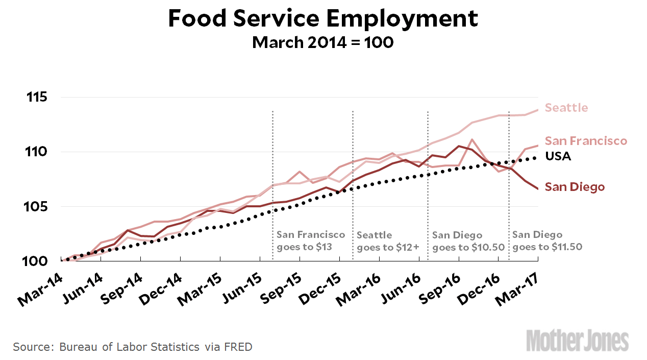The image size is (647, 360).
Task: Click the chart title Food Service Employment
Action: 323,19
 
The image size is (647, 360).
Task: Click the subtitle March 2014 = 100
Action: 323,42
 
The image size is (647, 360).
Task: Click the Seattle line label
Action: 566,108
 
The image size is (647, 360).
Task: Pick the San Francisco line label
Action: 586,141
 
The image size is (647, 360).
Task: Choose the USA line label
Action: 558,156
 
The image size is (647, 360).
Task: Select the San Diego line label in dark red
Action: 575,187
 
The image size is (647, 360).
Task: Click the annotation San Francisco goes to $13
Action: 311,241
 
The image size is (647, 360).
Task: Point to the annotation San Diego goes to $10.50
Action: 468,241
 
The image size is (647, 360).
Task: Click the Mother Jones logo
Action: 578,341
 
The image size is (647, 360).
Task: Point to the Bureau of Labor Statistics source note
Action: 133,347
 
